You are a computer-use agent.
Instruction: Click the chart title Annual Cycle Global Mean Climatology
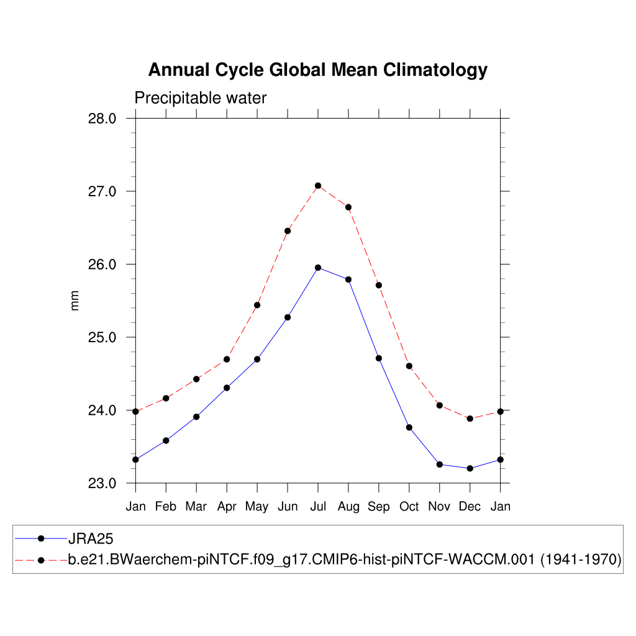[317, 70]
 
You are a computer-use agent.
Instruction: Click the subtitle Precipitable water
[200, 98]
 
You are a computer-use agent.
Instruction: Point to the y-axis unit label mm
[75, 301]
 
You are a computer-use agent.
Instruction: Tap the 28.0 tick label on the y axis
[103, 119]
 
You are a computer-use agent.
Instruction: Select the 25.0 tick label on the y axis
[103, 338]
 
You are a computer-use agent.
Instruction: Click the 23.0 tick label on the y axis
[103, 484]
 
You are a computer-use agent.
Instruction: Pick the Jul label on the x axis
[318, 507]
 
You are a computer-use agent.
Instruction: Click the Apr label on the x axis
[227, 507]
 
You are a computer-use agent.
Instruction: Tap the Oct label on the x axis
[409, 507]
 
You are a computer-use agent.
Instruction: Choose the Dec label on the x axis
[470, 507]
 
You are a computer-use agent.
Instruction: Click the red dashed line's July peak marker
[318, 186]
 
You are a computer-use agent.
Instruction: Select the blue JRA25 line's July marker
[318, 268]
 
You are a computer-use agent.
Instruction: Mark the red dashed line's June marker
[288, 231]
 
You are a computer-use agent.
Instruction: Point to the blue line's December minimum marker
[470, 468]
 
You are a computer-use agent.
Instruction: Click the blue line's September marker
[379, 358]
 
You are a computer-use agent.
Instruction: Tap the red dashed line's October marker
[409, 366]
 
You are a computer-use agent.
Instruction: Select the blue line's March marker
[196, 417]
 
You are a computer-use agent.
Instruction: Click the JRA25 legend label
[91, 538]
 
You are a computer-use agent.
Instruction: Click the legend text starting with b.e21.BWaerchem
[345, 560]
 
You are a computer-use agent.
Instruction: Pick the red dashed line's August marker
[348, 207]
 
